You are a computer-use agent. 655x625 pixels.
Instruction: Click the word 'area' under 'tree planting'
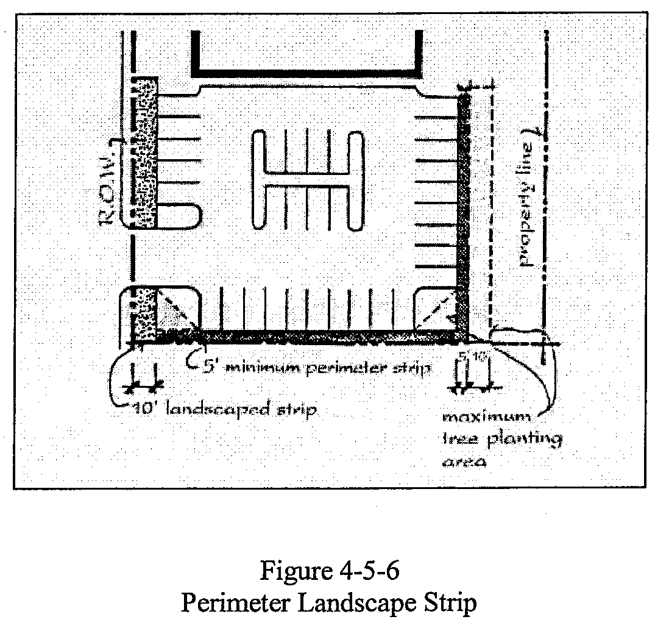click(462, 461)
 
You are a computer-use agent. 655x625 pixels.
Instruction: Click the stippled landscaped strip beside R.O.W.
click(145, 152)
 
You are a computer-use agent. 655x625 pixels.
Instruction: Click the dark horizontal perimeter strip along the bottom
click(317, 335)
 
